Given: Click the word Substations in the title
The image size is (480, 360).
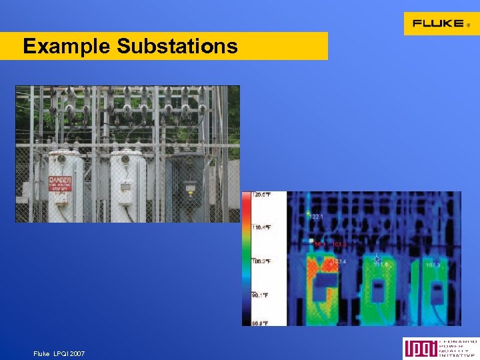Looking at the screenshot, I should point(177,46).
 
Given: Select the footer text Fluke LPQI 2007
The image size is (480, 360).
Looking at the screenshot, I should point(59,353).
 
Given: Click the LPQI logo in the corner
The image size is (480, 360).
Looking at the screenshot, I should point(440,349).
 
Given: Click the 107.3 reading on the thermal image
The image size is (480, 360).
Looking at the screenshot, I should point(433,265).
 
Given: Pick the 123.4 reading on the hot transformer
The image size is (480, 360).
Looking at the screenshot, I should point(339,261).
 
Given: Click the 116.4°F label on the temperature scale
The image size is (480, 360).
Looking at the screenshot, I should point(261,227).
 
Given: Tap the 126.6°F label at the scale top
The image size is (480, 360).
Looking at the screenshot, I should point(261,195).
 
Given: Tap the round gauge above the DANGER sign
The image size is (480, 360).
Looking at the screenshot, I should point(61,159).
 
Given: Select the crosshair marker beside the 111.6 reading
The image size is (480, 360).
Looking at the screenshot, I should point(377,258).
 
